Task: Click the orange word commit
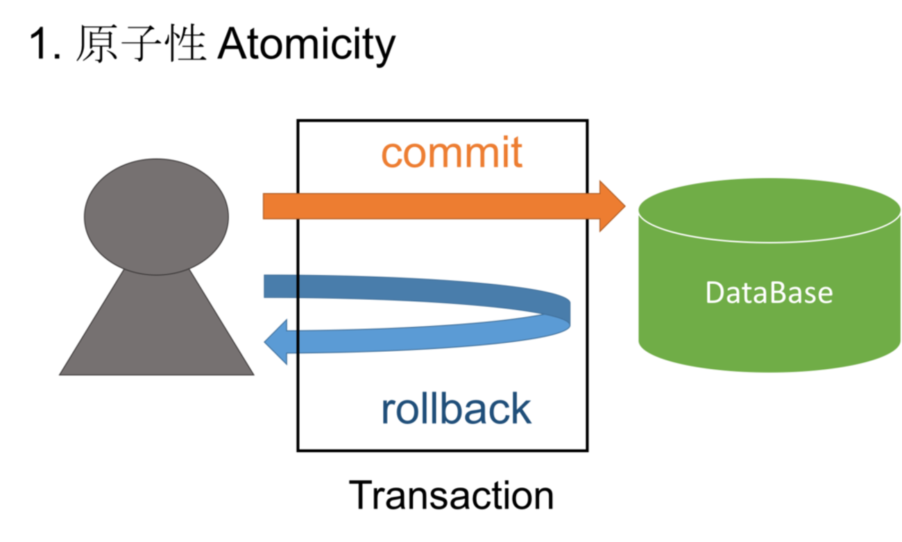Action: click(x=451, y=154)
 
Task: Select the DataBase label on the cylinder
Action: click(x=769, y=293)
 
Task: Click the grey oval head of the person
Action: click(x=156, y=215)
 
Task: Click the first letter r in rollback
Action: click(x=387, y=412)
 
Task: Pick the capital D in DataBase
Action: click(x=715, y=293)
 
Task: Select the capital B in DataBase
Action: click(x=779, y=293)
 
